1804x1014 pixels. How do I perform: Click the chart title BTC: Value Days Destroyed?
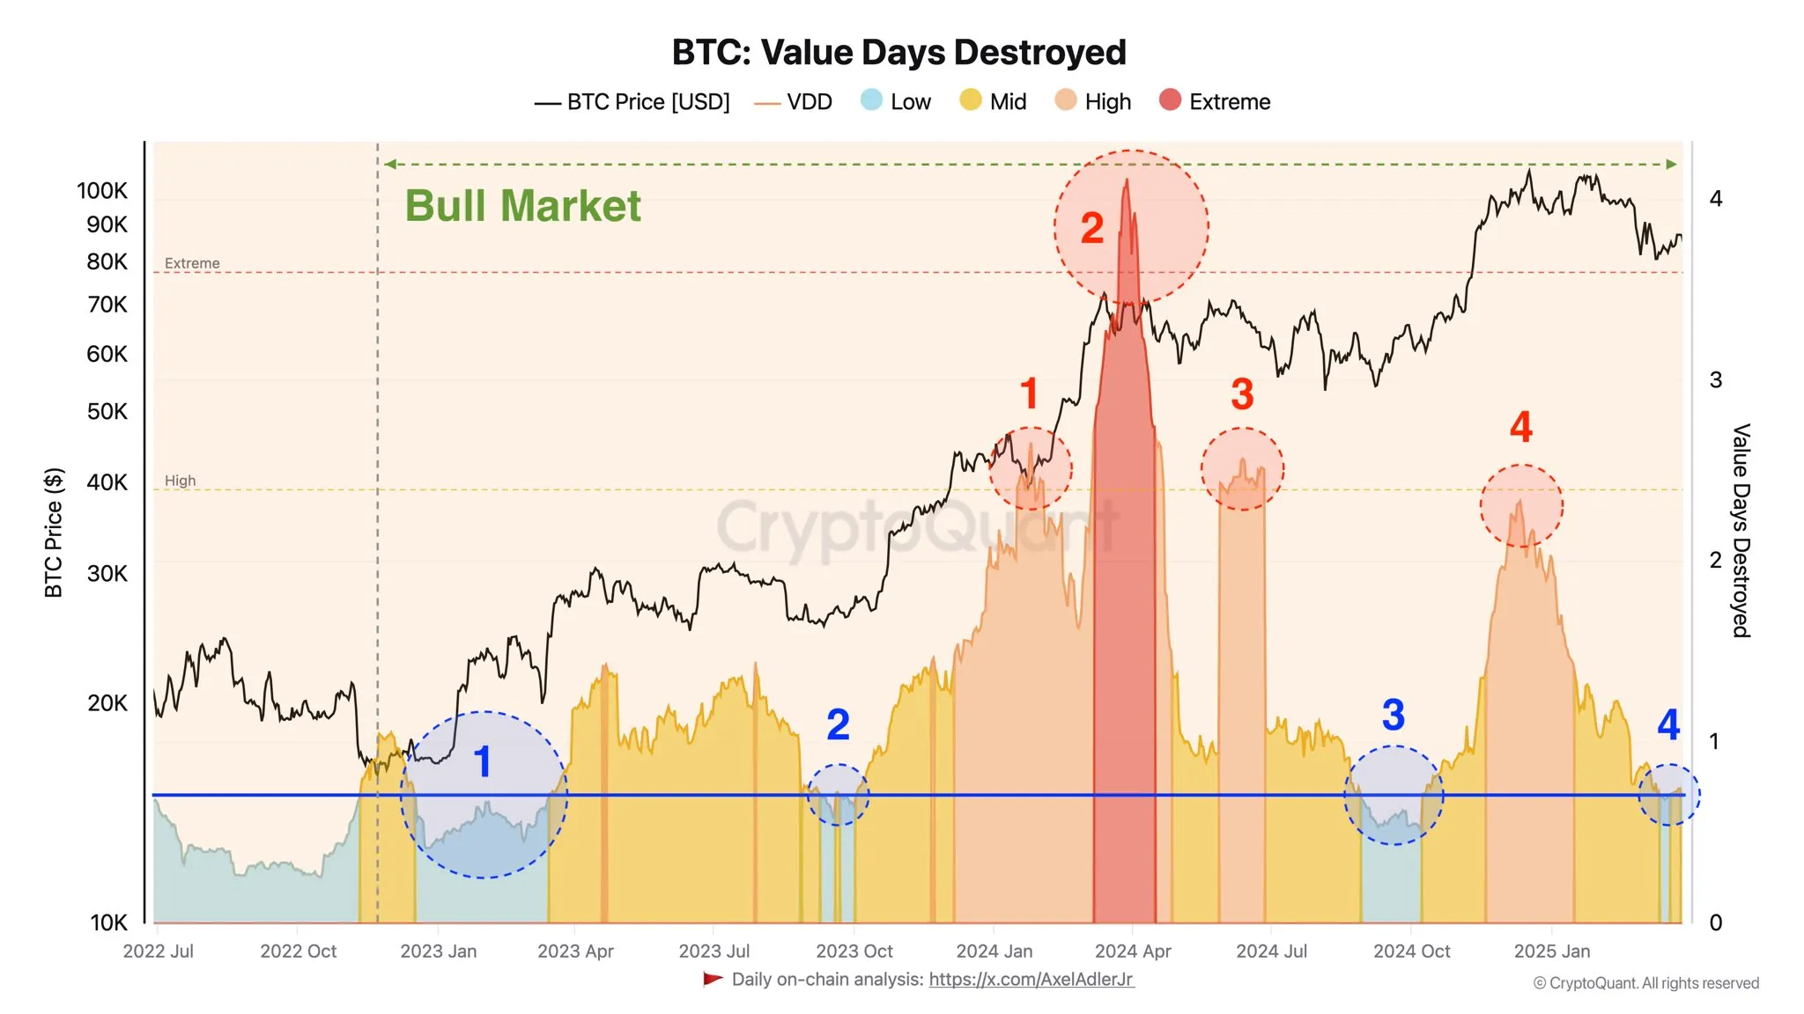click(898, 53)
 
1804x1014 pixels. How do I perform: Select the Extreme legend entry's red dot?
click(1170, 100)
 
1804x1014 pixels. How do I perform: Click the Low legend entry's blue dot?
click(871, 100)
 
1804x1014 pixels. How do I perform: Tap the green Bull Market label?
click(522, 206)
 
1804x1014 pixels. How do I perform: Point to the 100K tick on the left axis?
click(102, 191)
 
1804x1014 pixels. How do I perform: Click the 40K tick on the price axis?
click(107, 482)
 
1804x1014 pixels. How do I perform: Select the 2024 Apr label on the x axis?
click(1133, 952)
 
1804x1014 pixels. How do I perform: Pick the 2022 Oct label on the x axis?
click(298, 952)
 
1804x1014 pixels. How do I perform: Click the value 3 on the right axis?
click(1715, 380)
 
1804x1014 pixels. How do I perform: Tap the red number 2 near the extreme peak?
click(1092, 229)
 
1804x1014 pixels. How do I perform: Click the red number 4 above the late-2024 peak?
click(1521, 428)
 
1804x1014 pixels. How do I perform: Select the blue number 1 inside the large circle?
click(482, 762)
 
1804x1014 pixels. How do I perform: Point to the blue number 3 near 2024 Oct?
click(1393, 715)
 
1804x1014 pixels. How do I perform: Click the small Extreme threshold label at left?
click(192, 263)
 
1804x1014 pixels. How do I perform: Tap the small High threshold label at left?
click(180, 481)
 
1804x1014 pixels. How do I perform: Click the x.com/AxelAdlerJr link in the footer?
click(1031, 980)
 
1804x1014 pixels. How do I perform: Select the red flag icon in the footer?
click(713, 979)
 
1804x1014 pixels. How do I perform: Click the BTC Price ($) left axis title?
click(54, 533)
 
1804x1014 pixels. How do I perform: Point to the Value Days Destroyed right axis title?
click(1741, 530)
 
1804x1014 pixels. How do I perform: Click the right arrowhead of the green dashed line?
click(1671, 165)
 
